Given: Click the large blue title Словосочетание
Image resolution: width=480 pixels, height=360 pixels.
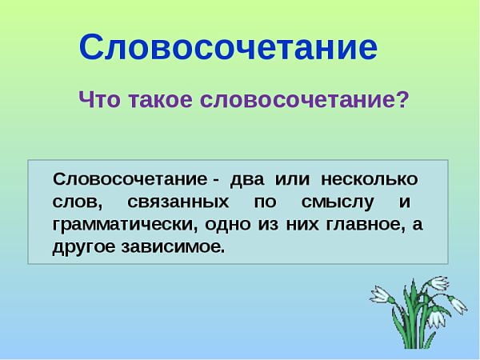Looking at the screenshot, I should [228, 48].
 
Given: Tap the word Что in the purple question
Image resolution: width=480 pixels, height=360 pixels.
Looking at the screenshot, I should [99, 102].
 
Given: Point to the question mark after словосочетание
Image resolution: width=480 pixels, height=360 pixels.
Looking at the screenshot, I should [402, 102].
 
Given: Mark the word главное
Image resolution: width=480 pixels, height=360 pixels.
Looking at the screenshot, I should [364, 224].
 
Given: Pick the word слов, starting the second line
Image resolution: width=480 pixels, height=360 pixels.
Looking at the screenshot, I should [76, 202].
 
